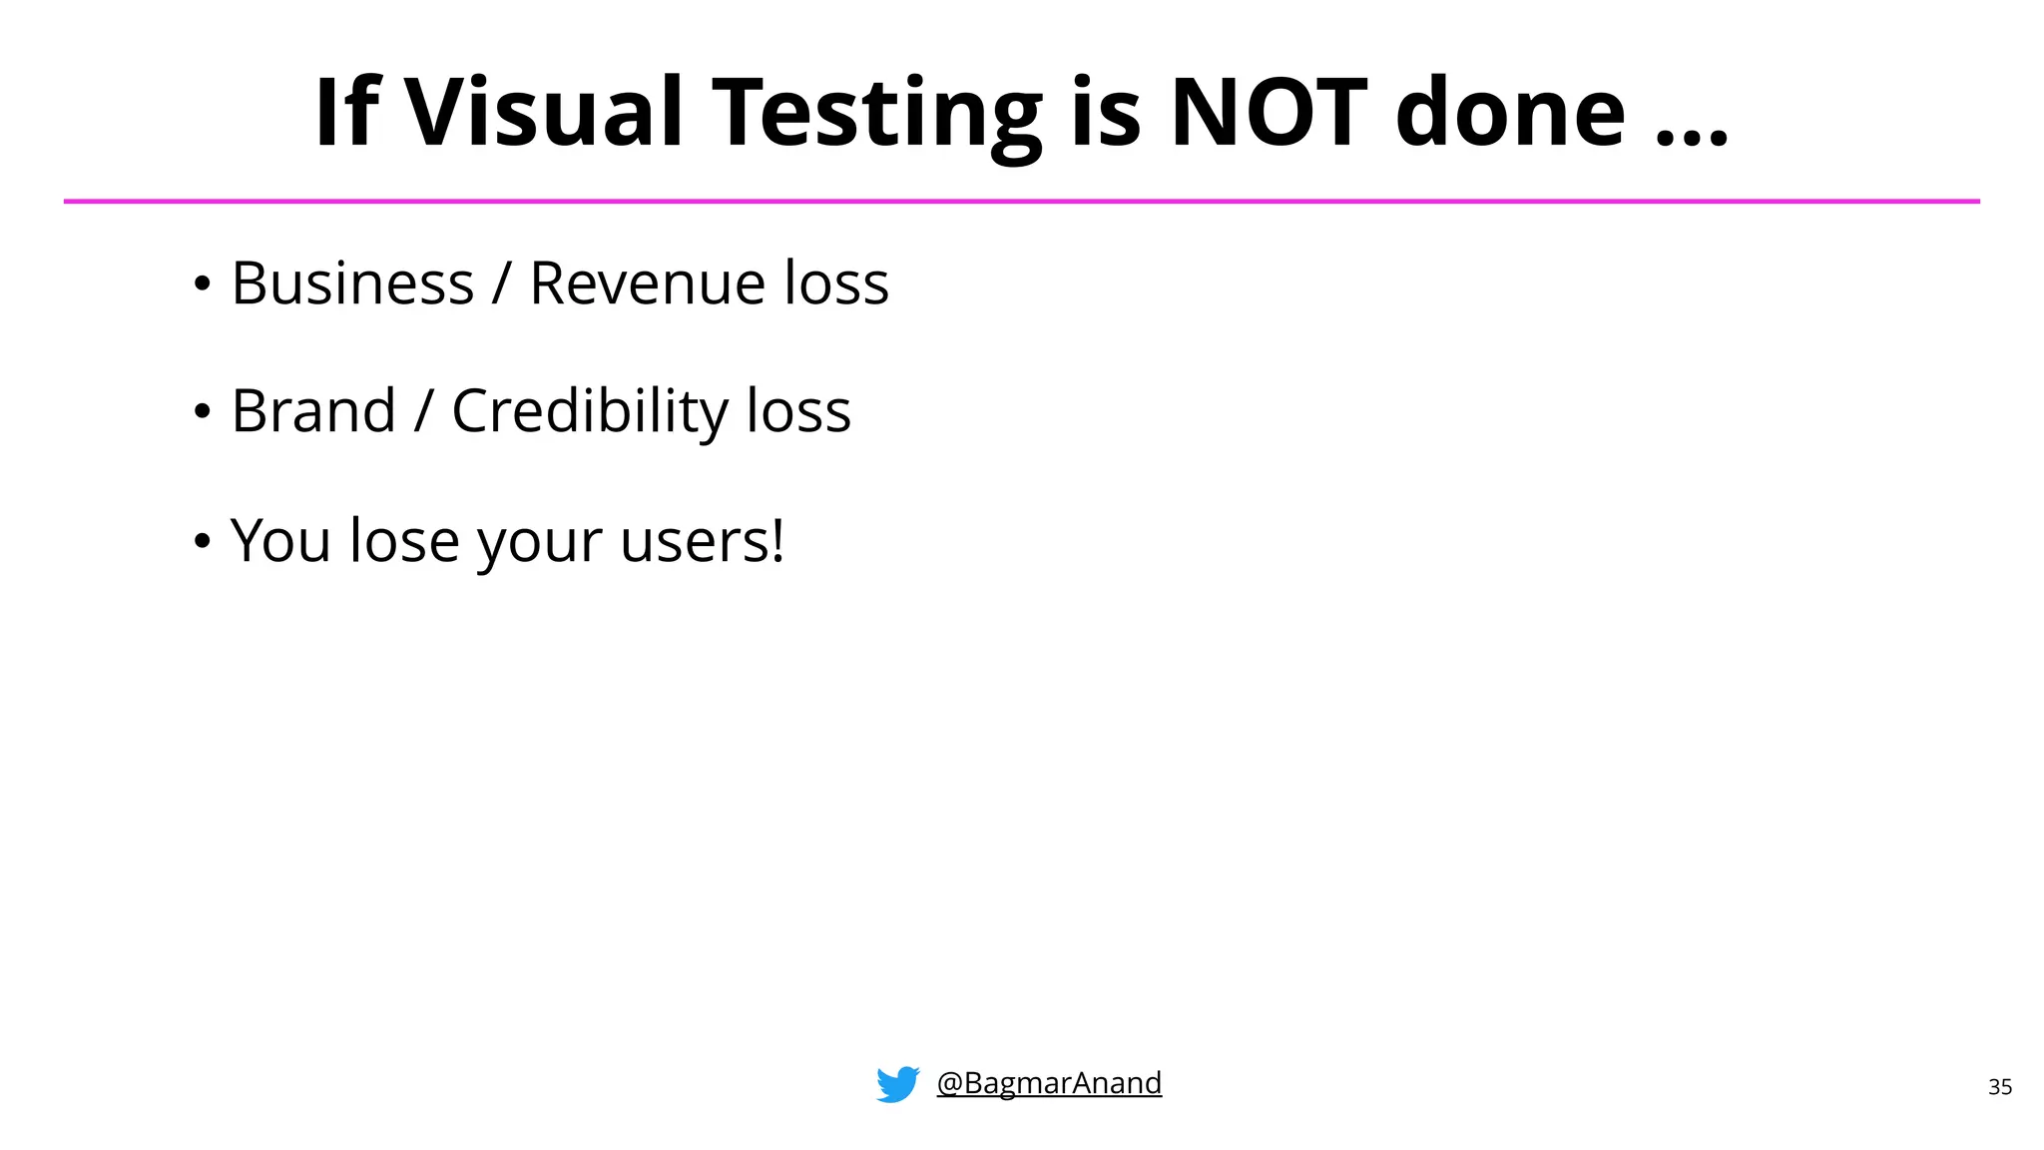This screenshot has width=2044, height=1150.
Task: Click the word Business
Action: (352, 284)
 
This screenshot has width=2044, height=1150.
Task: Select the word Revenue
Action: (647, 284)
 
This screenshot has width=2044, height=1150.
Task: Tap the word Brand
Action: (313, 411)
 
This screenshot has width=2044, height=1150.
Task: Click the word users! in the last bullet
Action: (702, 541)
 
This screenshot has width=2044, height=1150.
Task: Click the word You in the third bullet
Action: (280, 541)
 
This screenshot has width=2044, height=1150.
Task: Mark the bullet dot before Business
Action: (203, 285)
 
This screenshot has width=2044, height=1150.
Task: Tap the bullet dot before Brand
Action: (203, 411)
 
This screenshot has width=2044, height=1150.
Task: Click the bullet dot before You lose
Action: (203, 541)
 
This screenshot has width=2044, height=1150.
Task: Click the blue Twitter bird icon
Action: (897, 1084)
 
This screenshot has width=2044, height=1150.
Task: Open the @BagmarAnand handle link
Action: (1049, 1082)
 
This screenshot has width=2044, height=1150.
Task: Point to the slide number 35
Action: (2000, 1087)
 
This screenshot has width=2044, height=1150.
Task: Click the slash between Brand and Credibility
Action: (424, 411)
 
